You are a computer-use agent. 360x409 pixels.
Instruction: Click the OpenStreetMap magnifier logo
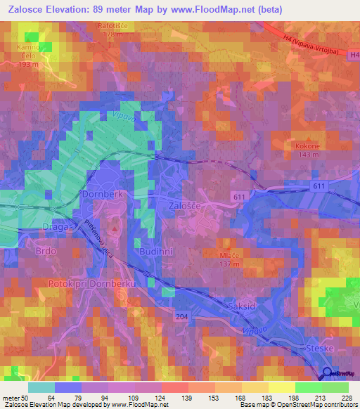(x=327, y=373)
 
